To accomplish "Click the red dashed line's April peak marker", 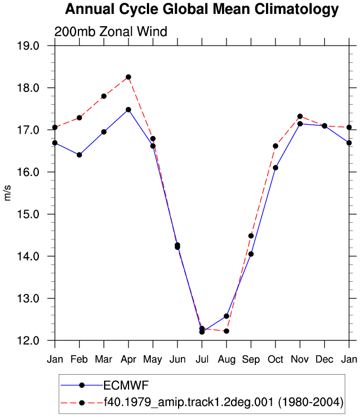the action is [x=129, y=77].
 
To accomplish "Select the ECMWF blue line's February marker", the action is [x=79, y=155].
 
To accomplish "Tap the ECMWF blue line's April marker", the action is [x=129, y=110].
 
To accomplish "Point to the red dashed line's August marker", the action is [x=226, y=331].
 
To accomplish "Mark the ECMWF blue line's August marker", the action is [x=226, y=316].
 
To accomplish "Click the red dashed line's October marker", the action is [x=275, y=146].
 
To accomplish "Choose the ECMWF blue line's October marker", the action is [x=275, y=168].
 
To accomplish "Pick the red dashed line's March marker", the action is [x=104, y=96].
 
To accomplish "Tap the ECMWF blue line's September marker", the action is [x=251, y=254].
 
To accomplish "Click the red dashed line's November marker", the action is [x=300, y=116].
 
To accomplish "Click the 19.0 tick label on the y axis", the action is [x=28, y=46].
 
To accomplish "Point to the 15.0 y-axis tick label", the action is [x=28, y=214].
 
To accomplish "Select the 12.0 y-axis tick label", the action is [x=28, y=341].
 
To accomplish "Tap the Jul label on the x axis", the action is [x=202, y=360].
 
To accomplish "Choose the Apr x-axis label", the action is [x=129, y=360].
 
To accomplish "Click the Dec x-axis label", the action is [x=324, y=360].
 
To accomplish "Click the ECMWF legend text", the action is [x=126, y=385].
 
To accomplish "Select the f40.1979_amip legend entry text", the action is [x=223, y=402].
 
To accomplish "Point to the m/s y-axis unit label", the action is [x=8, y=193].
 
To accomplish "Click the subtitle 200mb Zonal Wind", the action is [x=111, y=32].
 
